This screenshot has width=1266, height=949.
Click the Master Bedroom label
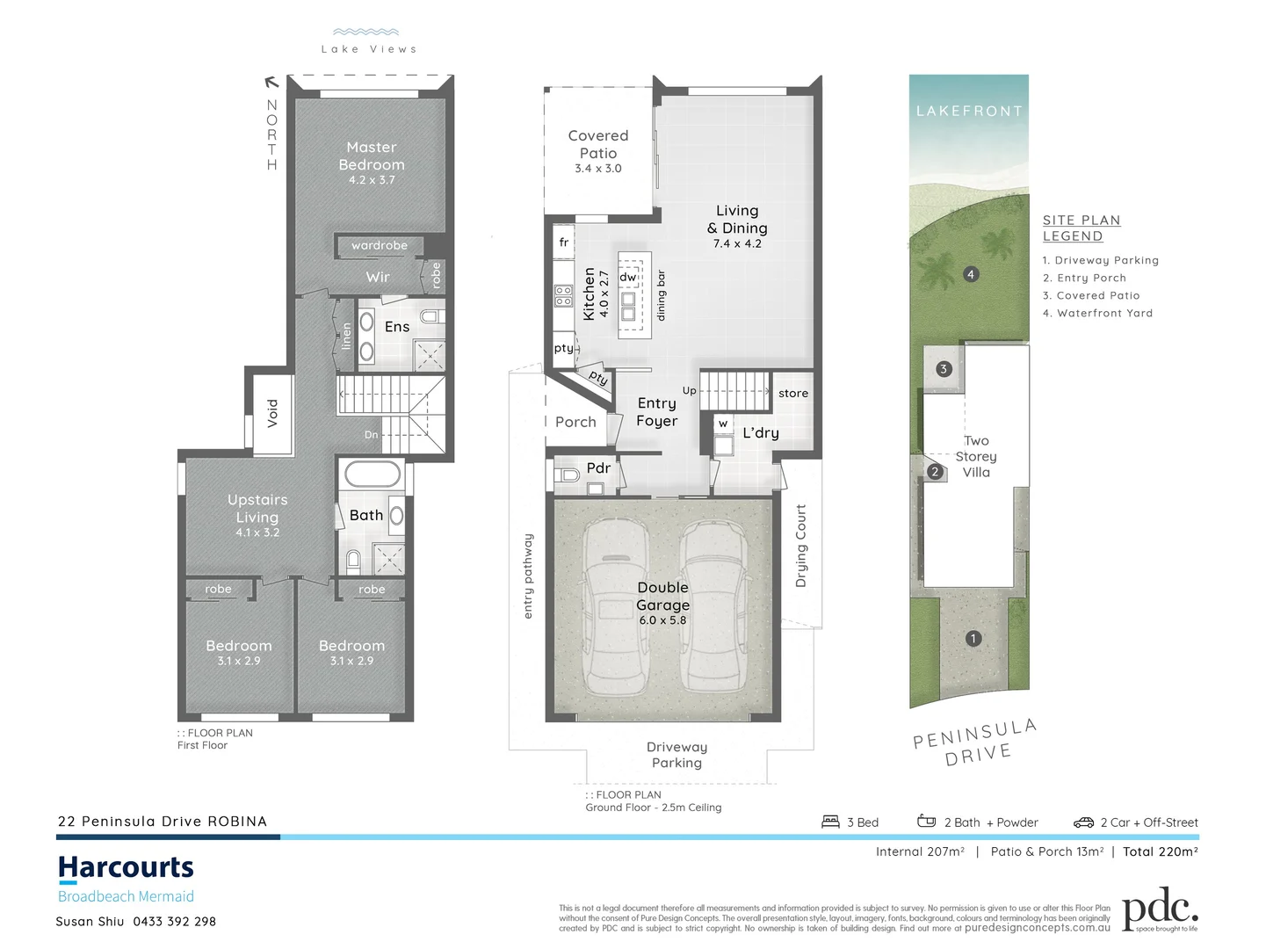click(372, 156)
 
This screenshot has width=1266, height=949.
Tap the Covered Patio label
click(598, 144)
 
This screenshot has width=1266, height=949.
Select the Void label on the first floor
click(272, 413)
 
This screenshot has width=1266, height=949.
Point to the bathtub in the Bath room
click(373, 474)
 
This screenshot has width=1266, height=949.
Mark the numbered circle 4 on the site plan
click(970, 274)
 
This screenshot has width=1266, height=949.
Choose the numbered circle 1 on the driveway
click(973, 639)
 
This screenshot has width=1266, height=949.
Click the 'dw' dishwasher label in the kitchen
click(627, 277)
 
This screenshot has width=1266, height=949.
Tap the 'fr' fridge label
click(564, 242)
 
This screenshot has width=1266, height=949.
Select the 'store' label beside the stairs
click(792, 393)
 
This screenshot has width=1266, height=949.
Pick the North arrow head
click(271, 83)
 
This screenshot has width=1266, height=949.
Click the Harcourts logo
click(126, 868)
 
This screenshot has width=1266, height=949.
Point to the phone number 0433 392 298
click(174, 922)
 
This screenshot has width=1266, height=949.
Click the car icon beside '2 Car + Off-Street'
click(1083, 822)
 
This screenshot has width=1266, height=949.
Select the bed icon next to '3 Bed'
click(830, 822)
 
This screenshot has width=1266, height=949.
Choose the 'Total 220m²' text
click(1160, 851)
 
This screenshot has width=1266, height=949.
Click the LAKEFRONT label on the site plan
click(969, 112)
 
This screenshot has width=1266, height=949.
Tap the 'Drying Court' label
click(800, 546)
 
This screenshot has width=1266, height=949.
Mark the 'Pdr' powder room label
click(598, 467)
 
